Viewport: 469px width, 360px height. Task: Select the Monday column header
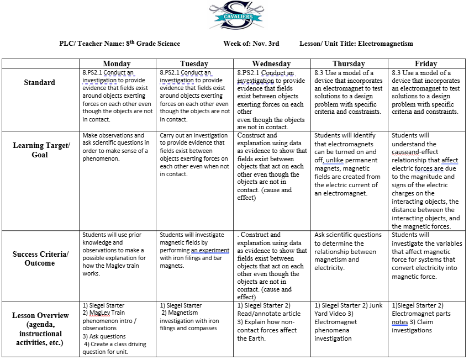click(117, 63)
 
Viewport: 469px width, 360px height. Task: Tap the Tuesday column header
click(194, 63)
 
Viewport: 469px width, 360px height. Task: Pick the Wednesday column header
click(271, 63)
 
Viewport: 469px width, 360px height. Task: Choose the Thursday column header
click(349, 63)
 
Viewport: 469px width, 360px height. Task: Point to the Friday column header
click(425, 63)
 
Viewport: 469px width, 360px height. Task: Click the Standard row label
click(39, 83)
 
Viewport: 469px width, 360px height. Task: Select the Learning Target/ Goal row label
click(39, 150)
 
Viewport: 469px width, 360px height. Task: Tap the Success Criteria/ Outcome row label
click(39, 258)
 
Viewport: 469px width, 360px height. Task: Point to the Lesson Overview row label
click(40, 329)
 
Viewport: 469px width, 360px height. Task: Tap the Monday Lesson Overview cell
click(117, 329)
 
